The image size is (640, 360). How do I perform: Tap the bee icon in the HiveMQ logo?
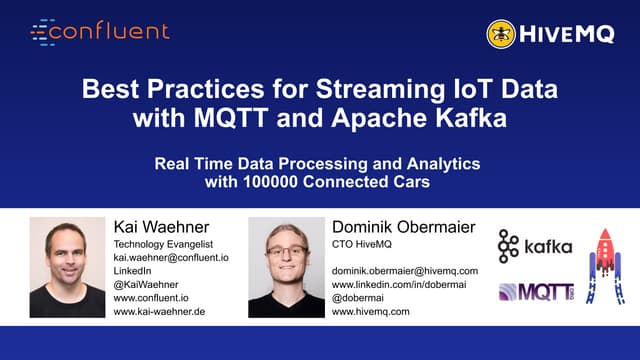pos(501,34)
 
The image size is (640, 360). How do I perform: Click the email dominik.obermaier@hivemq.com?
pos(404,271)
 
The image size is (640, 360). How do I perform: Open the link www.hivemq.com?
pos(371,311)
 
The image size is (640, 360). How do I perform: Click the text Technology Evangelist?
pos(166,244)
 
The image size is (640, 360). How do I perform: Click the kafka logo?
pos(535,247)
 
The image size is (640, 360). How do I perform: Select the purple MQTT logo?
pos(536,293)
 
